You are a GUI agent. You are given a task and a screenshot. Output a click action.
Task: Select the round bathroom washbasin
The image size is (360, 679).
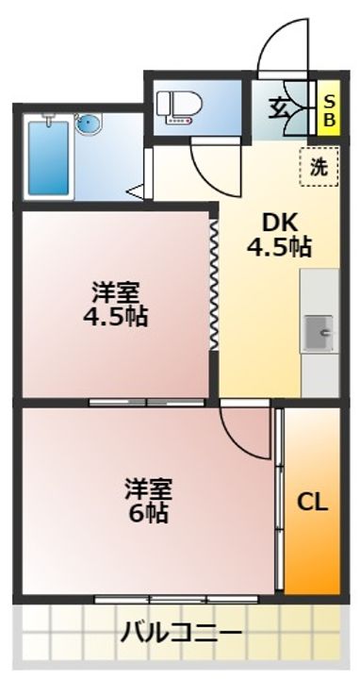point(89,124)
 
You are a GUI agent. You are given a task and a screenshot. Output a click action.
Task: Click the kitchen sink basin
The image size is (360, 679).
point(320,331)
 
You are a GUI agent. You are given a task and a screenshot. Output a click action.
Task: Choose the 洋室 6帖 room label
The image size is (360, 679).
point(151,501)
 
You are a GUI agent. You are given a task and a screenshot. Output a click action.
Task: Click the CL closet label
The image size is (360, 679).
point(313,502)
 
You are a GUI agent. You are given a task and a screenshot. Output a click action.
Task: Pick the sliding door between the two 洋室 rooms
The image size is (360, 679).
point(148,402)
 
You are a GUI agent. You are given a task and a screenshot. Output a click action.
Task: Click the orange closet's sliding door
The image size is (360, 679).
point(279,500)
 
